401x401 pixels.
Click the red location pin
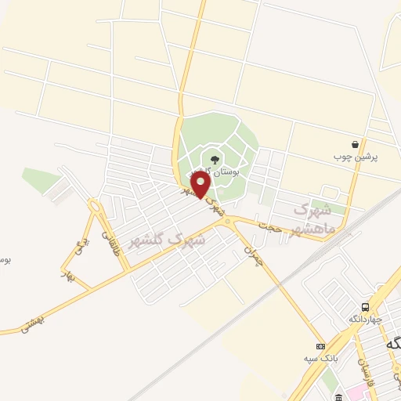click(x=200, y=186)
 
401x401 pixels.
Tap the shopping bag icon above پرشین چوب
click(x=356, y=144)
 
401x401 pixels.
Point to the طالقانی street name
click(x=110, y=238)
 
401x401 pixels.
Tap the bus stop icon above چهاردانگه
click(x=366, y=306)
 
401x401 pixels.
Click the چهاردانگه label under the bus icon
click(x=366, y=319)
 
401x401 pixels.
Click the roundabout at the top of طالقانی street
click(x=96, y=208)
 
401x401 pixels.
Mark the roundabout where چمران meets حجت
click(x=229, y=223)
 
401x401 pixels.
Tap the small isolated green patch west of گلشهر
click(x=39, y=179)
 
